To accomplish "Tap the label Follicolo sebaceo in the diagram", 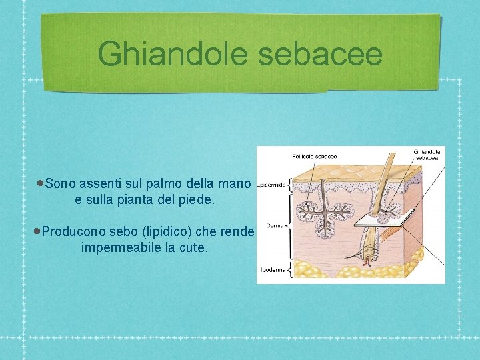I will tap(314, 157).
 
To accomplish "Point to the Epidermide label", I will tap(271, 185).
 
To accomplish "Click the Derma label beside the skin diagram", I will tap(275, 225).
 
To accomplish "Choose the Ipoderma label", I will tap(274, 271).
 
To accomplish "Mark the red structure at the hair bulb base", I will tap(367, 262).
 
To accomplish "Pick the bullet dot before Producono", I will tap(38, 231).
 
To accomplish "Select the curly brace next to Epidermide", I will tap(289, 185).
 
